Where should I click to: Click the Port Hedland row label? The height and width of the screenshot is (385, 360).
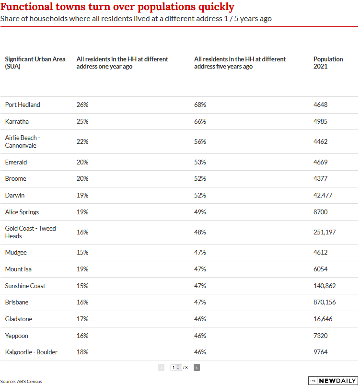point(23,105)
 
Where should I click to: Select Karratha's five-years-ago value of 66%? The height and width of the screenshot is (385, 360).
point(200,121)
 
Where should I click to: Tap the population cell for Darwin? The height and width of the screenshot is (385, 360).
point(323,195)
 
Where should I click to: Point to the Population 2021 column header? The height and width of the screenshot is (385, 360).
point(328,63)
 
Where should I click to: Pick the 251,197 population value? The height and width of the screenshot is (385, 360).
point(324,232)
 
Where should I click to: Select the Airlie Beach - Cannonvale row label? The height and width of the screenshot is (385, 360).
point(23,141)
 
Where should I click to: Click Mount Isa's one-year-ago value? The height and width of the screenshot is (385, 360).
point(82,269)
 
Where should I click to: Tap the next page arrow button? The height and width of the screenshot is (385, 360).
point(197,367)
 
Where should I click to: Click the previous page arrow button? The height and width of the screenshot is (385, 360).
point(161,367)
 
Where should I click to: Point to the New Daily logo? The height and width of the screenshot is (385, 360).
point(333,380)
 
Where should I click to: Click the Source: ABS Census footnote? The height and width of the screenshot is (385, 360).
point(21,381)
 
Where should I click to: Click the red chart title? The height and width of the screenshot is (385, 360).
point(117,7)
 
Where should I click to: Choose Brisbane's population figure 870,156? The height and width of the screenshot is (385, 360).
point(324,302)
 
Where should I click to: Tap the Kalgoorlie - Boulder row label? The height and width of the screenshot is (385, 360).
point(31,352)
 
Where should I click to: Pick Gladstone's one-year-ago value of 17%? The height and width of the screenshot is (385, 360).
point(82,319)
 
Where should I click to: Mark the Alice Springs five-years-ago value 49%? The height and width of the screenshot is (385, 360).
point(200,212)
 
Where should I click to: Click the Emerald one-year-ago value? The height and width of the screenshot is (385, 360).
point(82,162)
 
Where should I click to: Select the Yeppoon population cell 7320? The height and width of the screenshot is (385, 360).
point(320,335)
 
